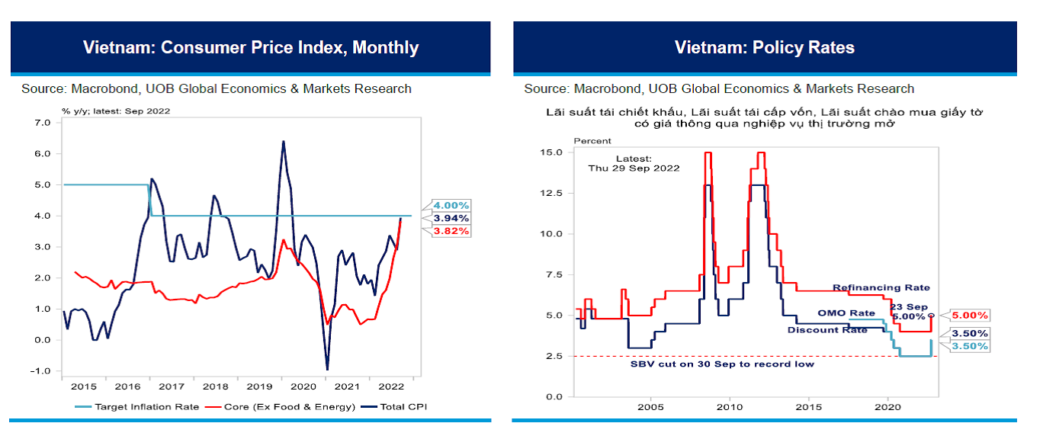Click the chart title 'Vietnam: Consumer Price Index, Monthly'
click(251, 47)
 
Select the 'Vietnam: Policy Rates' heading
click(764, 47)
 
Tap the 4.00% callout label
click(451, 205)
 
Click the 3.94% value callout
click(451, 218)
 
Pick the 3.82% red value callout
click(451, 230)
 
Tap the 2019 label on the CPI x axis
click(260, 387)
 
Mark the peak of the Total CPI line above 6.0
click(284, 141)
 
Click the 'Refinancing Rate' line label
click(881, 288)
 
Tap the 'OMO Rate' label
click(846, 313)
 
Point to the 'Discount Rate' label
click(826, 330)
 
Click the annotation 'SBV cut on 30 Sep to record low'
click(721, 364)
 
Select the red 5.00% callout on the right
click(970, 315)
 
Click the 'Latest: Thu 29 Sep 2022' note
click(633, 163)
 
